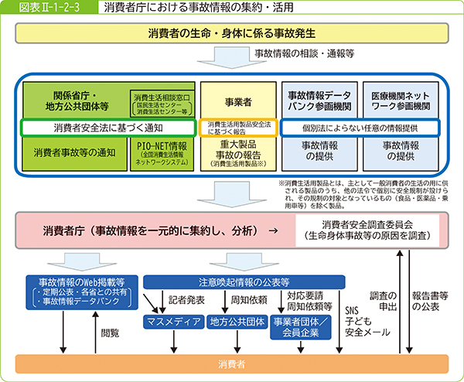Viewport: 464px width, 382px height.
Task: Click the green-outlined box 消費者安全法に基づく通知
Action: click(108, 127)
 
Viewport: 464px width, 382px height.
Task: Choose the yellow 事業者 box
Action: click(236, 98)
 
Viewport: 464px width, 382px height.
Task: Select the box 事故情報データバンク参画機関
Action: click(317, 98)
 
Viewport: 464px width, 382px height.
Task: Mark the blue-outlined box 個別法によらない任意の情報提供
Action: click(359, 127)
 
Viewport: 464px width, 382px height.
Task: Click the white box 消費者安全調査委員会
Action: click(368, 230)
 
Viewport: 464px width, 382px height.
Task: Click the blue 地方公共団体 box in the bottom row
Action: click(235, 321)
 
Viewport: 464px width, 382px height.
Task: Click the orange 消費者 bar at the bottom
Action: click(232, 363)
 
